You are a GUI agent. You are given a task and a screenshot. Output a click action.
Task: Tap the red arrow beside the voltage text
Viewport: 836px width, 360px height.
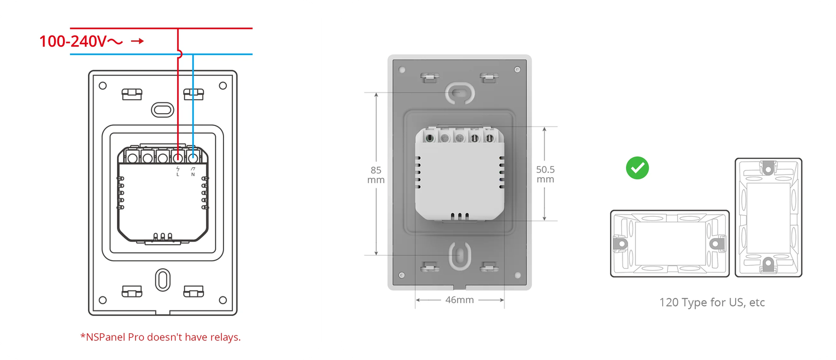pyautogui.click(x=137, y=41)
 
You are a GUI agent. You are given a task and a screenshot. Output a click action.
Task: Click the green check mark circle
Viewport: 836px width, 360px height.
pyautogui.click(x=638, y=168)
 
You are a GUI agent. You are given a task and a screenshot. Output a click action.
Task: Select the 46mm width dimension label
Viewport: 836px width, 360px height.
pyautogui.click(x=459, y=300)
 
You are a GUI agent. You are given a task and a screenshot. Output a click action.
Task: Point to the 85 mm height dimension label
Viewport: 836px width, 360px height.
pyautogui.click(x=376, y=175)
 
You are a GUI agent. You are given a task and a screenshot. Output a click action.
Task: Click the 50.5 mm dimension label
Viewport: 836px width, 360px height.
pyautogui.click(x=545, y=174)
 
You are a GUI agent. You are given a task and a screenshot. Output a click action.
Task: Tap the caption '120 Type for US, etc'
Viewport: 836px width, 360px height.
pyautogui.click(x=712, y=302)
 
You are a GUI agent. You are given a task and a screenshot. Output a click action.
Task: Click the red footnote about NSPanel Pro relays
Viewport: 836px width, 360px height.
pyautogui.click(x=161, y=337)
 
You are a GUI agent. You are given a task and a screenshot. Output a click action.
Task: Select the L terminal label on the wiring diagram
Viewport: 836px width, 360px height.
pyautogui.click(x=178, y=172)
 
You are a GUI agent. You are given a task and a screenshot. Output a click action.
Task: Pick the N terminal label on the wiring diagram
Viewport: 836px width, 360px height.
pyautogui.click(x=193, y=172)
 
